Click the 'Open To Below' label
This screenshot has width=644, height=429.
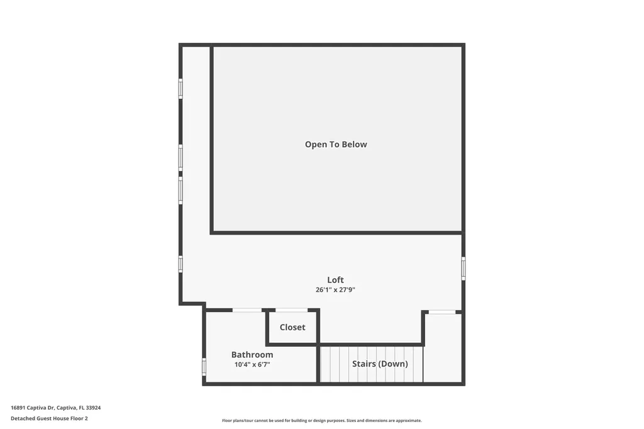click(336, 145)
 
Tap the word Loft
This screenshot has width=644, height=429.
click(335, 280)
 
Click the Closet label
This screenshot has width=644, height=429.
click(292, 327)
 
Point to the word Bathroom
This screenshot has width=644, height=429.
click(252, 355)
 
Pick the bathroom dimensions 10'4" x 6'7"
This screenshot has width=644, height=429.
click(252, 364)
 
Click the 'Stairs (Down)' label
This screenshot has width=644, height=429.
click(380, 364)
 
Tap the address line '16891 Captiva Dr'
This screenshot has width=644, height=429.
click(33, 408)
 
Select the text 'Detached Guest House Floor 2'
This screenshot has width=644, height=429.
click(49, 418)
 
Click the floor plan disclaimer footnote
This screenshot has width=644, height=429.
click(321, 420)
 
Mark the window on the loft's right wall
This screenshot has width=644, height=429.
click(464, 268)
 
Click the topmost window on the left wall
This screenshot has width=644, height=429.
click(180, 88)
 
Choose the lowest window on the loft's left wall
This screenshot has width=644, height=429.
click(180, 264)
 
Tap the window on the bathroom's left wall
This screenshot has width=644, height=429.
click(204, 366)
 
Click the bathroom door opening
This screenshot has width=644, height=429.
click(247, 310)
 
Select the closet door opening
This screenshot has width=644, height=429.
click(291, 310)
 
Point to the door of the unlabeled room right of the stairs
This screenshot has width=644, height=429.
click(442, 312)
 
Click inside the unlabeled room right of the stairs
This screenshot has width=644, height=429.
click(443, 349)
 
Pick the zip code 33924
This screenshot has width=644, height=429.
click(93, 408)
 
